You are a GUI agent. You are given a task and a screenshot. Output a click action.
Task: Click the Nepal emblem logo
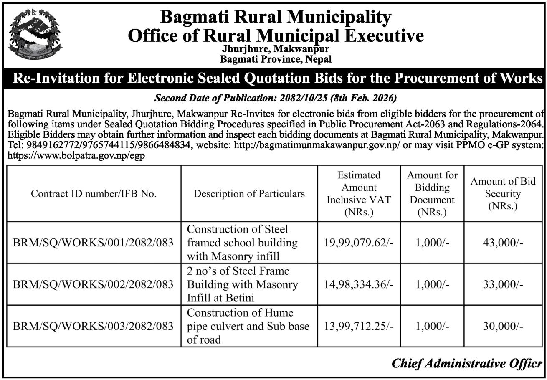[35, 34]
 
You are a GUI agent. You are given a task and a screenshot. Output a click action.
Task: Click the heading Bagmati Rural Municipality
[276, 17]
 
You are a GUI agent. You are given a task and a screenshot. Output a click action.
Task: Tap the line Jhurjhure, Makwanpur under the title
[276, 50]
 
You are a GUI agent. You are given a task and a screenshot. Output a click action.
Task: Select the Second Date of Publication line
[275, 99]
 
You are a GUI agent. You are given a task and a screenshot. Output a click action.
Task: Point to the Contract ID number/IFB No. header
[94, 194]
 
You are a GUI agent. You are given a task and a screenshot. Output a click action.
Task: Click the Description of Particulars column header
[249, 194]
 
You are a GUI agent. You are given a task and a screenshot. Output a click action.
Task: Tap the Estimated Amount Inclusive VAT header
[359, 193]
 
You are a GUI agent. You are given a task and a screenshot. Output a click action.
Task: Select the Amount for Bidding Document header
[432, 193]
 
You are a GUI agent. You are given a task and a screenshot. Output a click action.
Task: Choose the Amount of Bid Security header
[503, 193]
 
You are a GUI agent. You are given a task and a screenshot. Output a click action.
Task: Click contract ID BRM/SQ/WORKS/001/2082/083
[93, 243]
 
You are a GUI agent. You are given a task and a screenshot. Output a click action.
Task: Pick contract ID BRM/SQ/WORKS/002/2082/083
[93, 284]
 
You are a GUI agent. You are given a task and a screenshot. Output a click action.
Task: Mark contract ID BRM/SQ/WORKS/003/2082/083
[93, 326]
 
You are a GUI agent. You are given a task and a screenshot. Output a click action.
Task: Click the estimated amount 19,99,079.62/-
[359, 243]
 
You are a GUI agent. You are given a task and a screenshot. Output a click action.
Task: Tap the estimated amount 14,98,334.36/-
[359, 284]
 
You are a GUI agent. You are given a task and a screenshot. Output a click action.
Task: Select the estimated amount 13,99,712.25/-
[359, 326]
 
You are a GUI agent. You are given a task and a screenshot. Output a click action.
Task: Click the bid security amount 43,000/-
[503, 243]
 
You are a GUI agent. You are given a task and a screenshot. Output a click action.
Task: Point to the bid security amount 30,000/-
[503, 326]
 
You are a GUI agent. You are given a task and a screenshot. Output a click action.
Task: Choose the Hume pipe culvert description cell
[249, 326]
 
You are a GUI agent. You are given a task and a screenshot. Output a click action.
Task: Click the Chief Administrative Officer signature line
[467, 363]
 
